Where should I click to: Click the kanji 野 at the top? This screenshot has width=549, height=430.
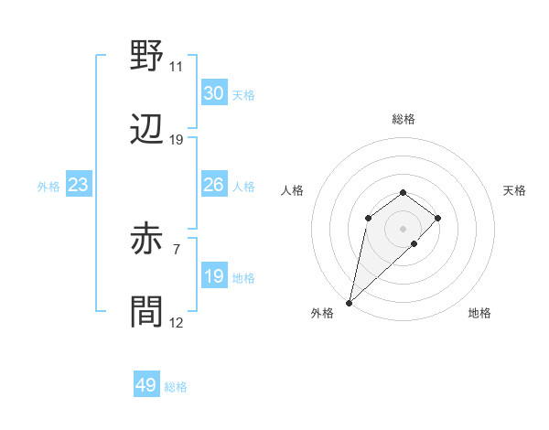(x=146, y=58)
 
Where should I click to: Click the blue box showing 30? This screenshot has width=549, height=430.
(x=213, y=93)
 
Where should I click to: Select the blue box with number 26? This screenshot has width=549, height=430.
(x=213, y=186)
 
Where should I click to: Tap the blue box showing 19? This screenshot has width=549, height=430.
(x=213, y=277)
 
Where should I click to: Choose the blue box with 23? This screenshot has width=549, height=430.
(x=78, y=186)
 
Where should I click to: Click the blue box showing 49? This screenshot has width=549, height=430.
(x=145, y=385)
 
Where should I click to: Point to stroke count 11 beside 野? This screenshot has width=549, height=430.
(x=177, y=67)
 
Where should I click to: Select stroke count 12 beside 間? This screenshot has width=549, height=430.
(x=177, y=323)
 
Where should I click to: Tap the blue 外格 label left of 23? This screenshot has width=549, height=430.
(x=48, y=187)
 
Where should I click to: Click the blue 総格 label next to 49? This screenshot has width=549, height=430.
(x=176, y=387)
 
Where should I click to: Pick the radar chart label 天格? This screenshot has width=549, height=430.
(x=514, y=190)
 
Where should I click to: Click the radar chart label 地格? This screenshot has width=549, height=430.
(x=479, y=314)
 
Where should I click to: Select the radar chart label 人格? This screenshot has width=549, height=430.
(x=293, y=190)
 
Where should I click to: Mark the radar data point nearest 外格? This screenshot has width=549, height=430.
(x=349, y=302)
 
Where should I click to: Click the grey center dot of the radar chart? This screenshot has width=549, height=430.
(x=403, y=228)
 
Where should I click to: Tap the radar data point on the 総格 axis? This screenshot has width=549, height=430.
(x=403, y=192)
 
